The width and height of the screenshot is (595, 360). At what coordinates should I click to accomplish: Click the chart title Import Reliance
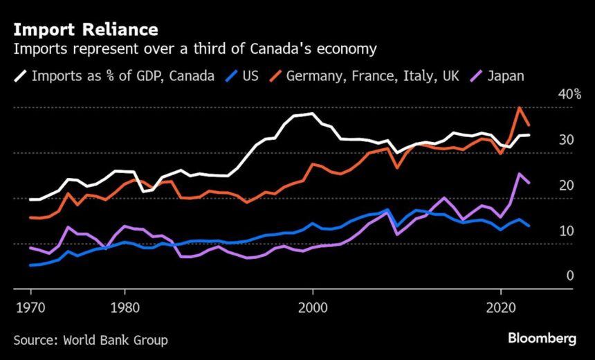click(x=85, y=30)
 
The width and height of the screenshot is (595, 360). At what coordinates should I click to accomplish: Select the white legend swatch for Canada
click(x=21, y=75)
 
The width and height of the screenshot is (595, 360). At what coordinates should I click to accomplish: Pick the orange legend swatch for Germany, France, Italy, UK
click(x=275, y=75)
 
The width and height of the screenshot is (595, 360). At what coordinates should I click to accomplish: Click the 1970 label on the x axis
click(x=30, y=307)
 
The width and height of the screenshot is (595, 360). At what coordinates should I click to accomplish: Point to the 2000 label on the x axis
click(x=313, y=307)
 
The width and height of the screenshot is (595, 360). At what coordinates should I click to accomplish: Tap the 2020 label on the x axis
click(x=501, y=307)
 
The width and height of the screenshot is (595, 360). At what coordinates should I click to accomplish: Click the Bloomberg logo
click(x=542, y=339)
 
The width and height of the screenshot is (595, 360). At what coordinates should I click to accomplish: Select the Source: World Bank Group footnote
click(x=91, y=340)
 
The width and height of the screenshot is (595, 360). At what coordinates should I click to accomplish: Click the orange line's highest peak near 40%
click(x=520, y=108)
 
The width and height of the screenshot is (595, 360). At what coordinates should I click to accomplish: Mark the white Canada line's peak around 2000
click(x=313, y=114)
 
